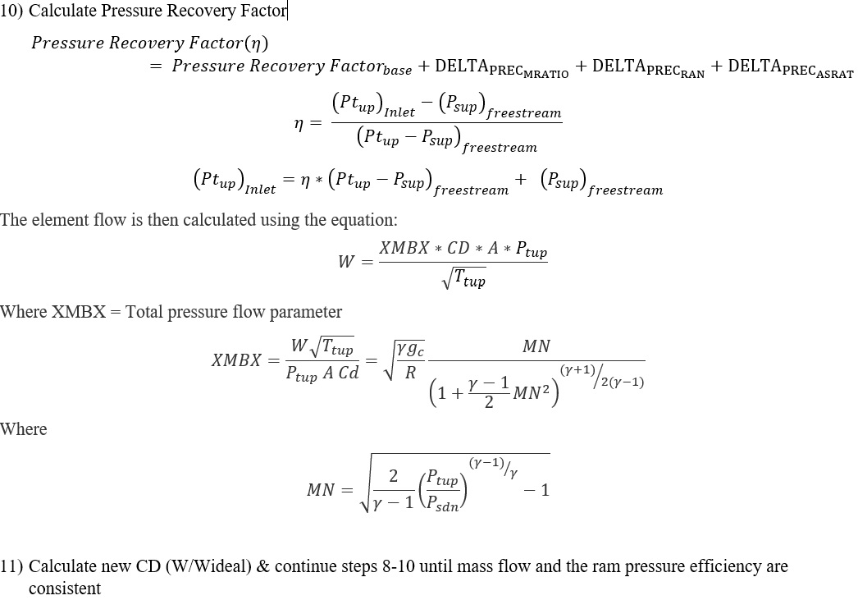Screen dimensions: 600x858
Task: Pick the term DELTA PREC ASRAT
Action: [790, 67]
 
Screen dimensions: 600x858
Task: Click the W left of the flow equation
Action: [346, 263]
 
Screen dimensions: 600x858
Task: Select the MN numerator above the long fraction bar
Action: [536, 346]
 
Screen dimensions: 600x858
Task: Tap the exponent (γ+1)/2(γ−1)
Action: [601, 376]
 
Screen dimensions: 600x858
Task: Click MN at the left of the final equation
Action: [321, 490]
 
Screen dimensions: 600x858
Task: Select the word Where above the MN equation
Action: [24, 429]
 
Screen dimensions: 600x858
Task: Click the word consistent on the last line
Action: [65, 589]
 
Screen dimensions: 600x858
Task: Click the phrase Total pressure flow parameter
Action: [234, 312]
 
